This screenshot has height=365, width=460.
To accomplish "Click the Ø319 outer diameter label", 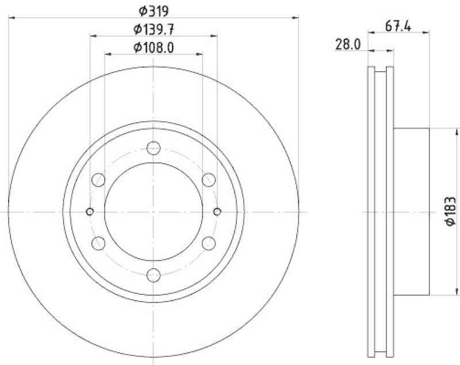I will tap(154, 10).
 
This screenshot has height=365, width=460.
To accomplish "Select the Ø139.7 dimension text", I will tap(154, 29).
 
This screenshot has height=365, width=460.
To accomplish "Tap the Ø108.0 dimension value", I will tap(154, 48).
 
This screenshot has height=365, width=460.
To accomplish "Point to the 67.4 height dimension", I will tap(398, 26).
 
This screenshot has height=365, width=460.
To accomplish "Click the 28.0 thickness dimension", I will tap(348, 44).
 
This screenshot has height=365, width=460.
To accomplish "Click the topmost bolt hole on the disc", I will tap(154, 148).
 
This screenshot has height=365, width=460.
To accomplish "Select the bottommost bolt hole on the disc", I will tap(154, 275).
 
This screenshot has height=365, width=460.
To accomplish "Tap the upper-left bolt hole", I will tap(98, 180).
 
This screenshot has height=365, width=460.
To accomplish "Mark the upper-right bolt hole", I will tap(209, 180).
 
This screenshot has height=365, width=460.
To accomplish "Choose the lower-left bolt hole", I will tap(98, 243).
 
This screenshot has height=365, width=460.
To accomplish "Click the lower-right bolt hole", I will tap(209, 243).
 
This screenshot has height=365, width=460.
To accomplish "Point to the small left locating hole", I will tap(90, 212).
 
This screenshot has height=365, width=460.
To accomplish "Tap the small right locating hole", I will tap(217, 212).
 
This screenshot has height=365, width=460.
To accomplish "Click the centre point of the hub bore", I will tap(154, 212).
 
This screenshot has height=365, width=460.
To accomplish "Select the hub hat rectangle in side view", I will tap(411, 211).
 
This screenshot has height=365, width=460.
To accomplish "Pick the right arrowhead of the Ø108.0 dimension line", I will tap(200, 55).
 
